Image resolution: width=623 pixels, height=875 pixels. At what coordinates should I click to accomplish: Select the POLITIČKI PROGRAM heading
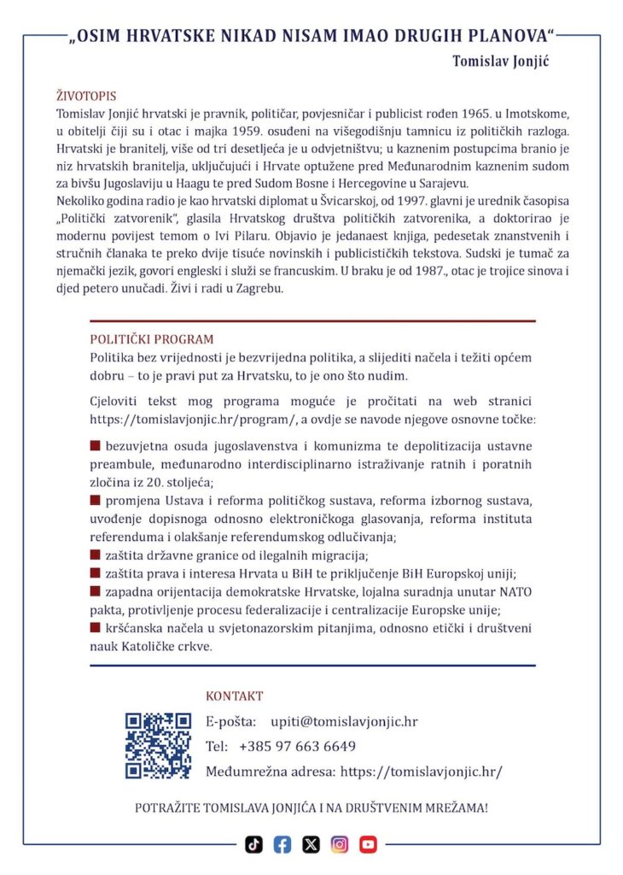click(152, 338)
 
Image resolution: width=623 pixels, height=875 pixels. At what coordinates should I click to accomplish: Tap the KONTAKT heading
click(235, 696)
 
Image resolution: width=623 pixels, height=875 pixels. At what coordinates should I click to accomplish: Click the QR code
click(158, 745)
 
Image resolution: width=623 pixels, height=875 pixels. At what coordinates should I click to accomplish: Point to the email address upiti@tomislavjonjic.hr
click(344, 721)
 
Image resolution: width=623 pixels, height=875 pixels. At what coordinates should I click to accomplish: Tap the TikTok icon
click(253, 844)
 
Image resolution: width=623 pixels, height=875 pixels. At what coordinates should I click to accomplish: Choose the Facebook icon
click(282, 844)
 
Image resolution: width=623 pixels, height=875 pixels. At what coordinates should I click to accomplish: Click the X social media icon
click(311, 844)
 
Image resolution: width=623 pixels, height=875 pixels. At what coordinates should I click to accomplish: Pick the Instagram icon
click(340, 844)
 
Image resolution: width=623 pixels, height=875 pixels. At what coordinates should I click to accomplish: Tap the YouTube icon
click(368, 844)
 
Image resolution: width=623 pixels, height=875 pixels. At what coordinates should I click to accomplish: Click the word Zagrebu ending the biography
click(258, 289)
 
